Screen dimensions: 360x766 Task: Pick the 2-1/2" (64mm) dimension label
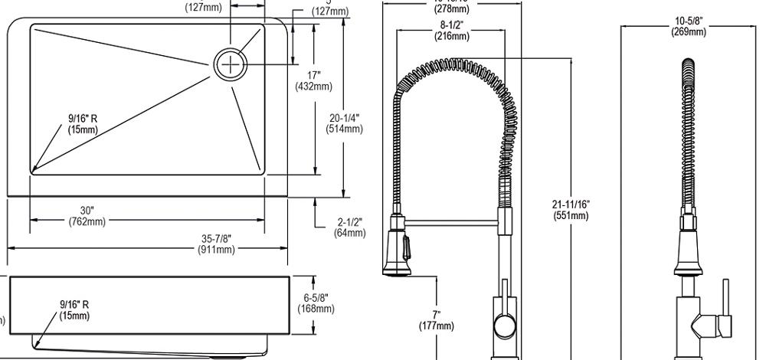349,227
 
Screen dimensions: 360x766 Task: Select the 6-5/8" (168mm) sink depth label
316,303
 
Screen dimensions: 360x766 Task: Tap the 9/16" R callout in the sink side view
74,309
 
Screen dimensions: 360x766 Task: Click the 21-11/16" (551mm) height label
571,209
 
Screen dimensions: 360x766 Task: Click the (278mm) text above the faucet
450,8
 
